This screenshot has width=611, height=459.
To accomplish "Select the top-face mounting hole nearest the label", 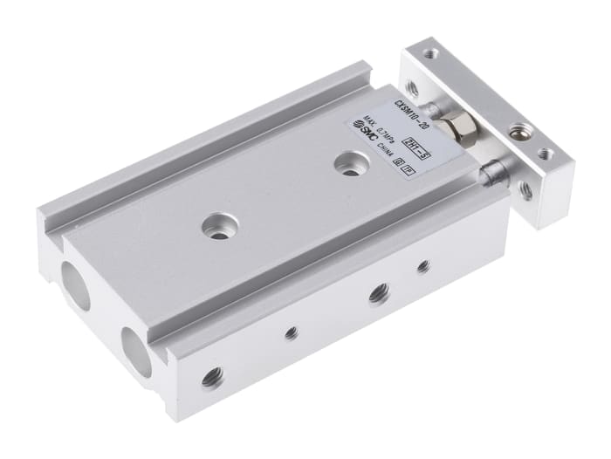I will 351,165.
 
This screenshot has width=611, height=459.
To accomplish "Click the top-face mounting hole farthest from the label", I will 215,230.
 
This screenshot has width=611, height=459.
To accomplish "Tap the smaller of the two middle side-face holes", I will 292,332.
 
